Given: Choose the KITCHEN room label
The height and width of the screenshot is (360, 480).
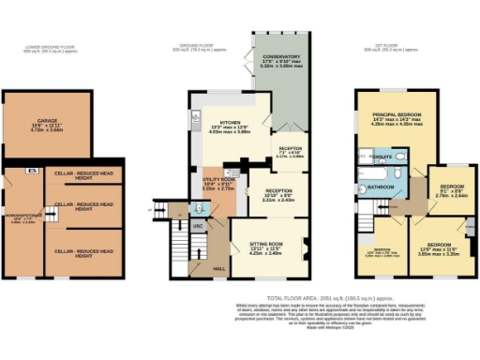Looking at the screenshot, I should coord(231,124).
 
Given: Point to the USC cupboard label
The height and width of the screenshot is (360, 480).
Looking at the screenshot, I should coord(198,226).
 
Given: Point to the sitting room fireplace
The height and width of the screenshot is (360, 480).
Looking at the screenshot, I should coord(306,248).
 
